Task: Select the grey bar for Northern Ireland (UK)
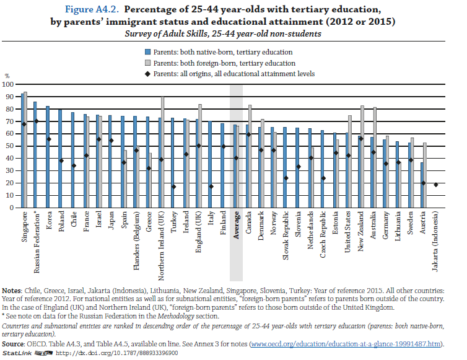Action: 163,152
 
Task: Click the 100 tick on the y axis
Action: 8,84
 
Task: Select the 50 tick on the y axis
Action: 8,146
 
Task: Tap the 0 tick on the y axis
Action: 10,208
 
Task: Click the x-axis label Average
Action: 236,225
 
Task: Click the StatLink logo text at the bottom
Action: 15,353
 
